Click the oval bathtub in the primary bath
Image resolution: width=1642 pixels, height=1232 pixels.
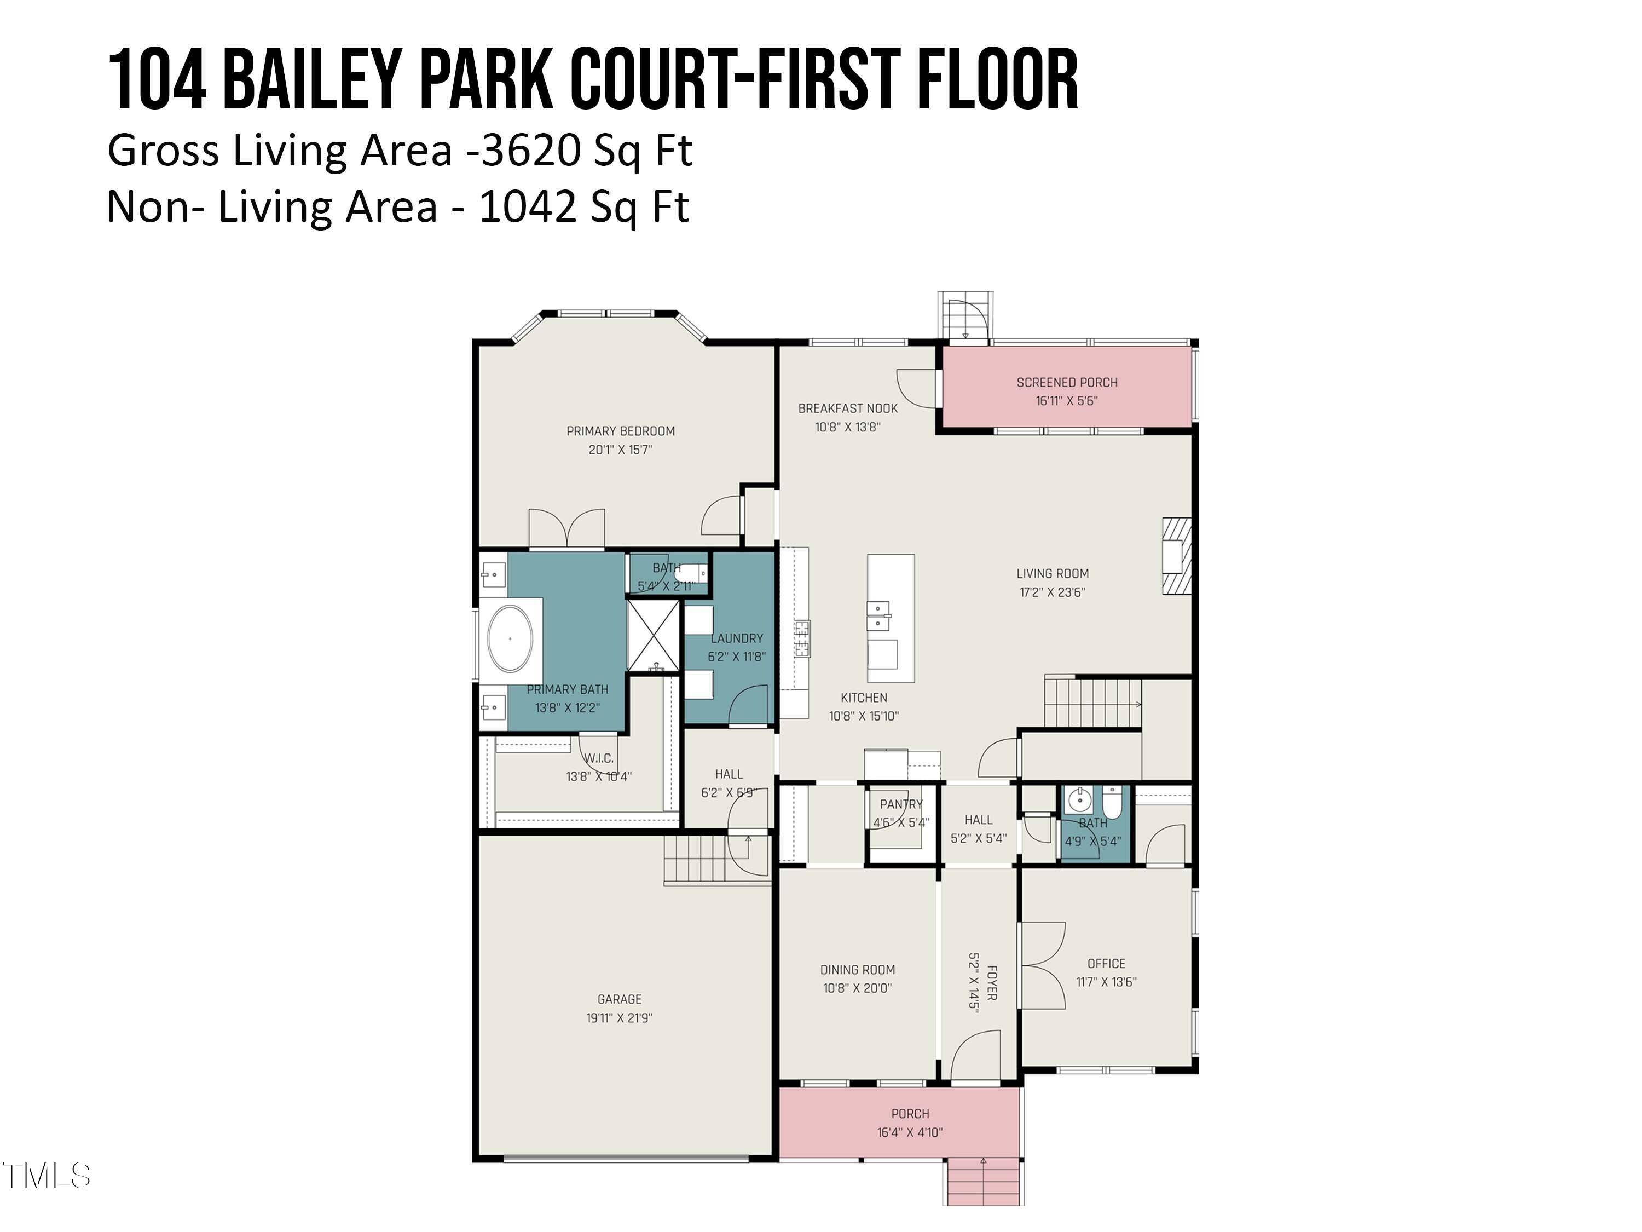click(510, 638)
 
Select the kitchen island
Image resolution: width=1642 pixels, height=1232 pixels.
click(891, 618)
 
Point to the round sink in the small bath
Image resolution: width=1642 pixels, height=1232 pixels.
click(1079, 801)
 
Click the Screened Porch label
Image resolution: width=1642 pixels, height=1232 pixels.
click(1067, 382)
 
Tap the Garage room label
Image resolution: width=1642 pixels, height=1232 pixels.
click(619, 999)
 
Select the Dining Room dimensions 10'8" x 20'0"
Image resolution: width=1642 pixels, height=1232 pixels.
click(857, 988)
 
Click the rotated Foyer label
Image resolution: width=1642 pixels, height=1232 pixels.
click(992, 982)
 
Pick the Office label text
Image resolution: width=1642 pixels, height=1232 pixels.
click(1106, 963)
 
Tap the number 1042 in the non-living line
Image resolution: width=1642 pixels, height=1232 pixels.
click(527, 207)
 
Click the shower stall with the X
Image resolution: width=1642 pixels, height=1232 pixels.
click(653, 636)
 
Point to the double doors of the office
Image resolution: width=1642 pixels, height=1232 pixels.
click(1043, 965)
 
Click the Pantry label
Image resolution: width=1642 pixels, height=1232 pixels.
click(901, 804)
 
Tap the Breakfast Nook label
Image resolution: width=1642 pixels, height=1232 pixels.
click(848, 408)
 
